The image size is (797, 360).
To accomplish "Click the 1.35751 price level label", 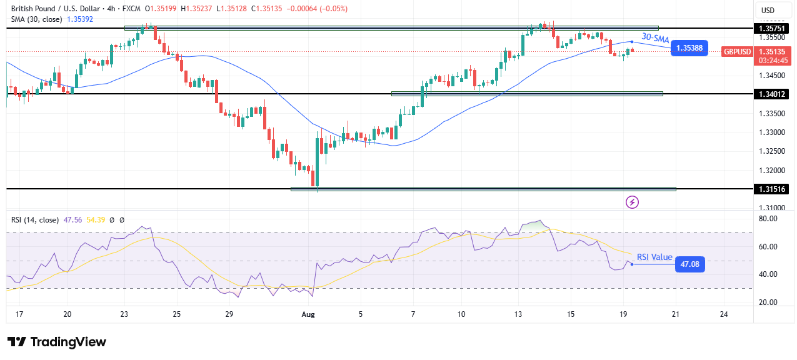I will [x=771, y=28].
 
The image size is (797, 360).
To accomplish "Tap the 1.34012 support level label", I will [x=771, y=94].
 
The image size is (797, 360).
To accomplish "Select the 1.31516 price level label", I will [x=771, y=188].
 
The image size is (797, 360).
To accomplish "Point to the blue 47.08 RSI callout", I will [x=690, y=264].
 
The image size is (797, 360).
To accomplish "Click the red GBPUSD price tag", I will [x=737, y=52].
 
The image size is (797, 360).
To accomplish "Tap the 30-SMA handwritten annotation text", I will [x=655, y=39].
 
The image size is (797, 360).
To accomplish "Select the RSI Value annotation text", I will [x=654, y=257].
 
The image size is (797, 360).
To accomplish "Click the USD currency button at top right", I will [x=767, y=10].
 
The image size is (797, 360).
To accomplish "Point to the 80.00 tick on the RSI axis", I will [x=768, y=219].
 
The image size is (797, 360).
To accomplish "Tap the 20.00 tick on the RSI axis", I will [x=768, y=302].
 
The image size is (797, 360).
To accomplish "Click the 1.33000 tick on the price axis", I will [x=771, y=132].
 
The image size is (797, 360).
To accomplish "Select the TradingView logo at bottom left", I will [x=57, y=342].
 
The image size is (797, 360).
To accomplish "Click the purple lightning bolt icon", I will [x=633, y=202].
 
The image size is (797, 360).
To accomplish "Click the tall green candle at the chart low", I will [x=318, y=160].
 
